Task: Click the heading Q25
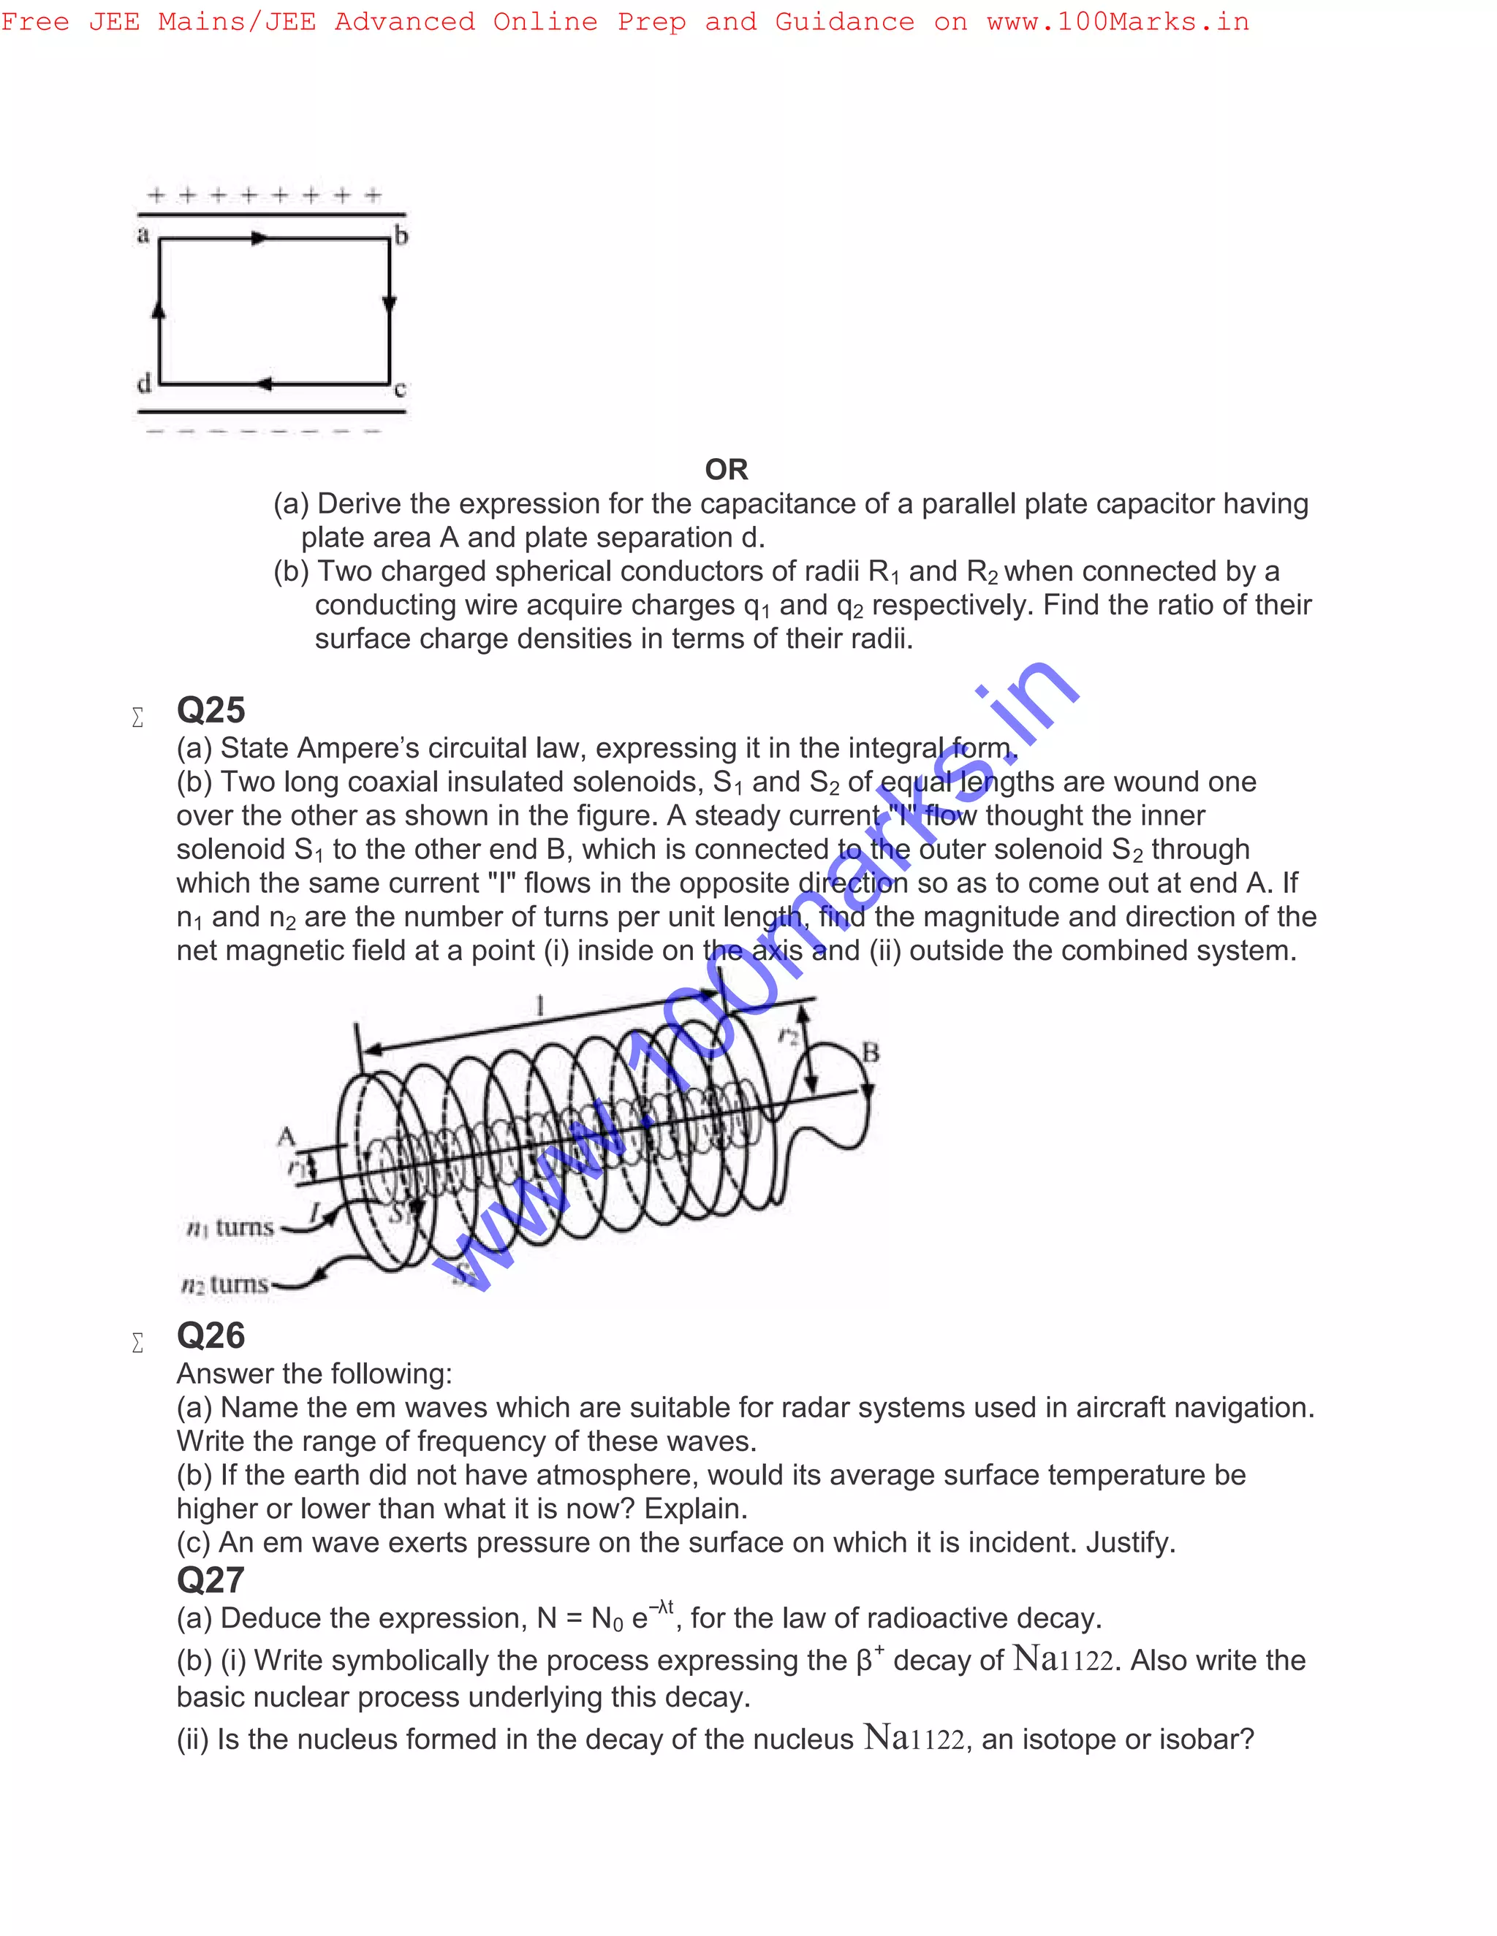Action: pyautogui.click(x=211, y=711)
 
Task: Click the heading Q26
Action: pyautogui.click(x=211, y=1336)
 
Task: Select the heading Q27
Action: pyautogui.click(x=211, y=1580)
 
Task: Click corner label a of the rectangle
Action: pyautogui.click(x=143, y=235)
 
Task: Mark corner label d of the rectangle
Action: pyautogui.click(x=144, y=384)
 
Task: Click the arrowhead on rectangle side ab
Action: pyautogui.click(x=259, y=238)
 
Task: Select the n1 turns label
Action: pyautogui.click(x=230, y=1228)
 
